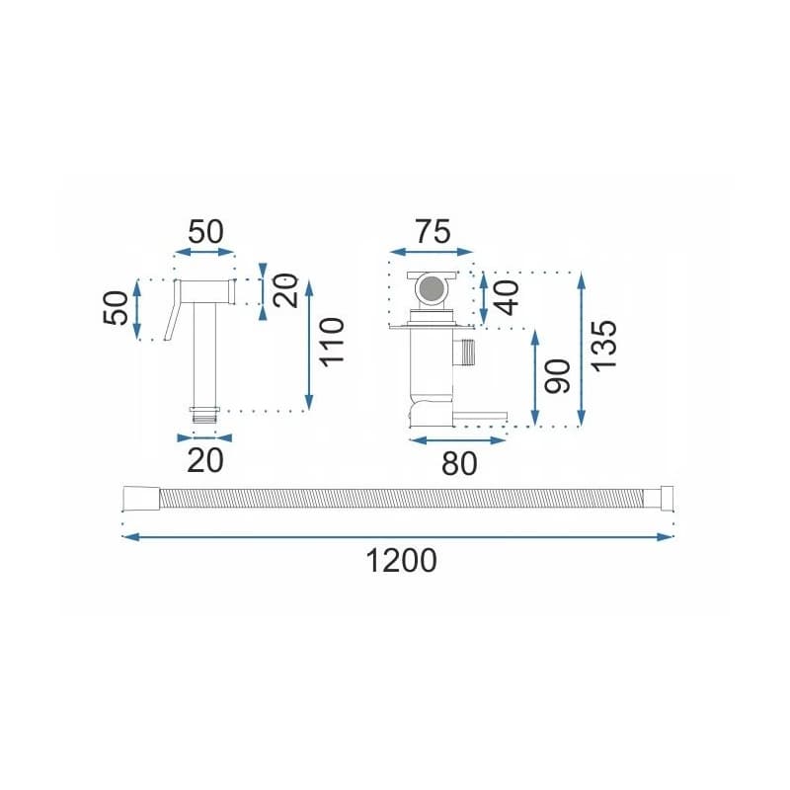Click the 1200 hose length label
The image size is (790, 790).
click(x=401, y=561)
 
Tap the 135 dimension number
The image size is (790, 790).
click(x=603, y=346)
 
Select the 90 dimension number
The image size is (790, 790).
click(x=558, y=376)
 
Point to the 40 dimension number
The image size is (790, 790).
click(x=508, y=298)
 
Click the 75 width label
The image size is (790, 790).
click(x=433, y=232)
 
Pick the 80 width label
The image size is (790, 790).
click(x=459, y=463)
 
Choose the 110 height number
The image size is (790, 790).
click(x=332, y=342)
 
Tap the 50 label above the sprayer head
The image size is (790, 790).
click(x=205, y=232)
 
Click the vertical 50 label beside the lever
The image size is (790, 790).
click(x=116, y=308)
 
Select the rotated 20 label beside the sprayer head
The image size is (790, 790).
click(x=285, y=290)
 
